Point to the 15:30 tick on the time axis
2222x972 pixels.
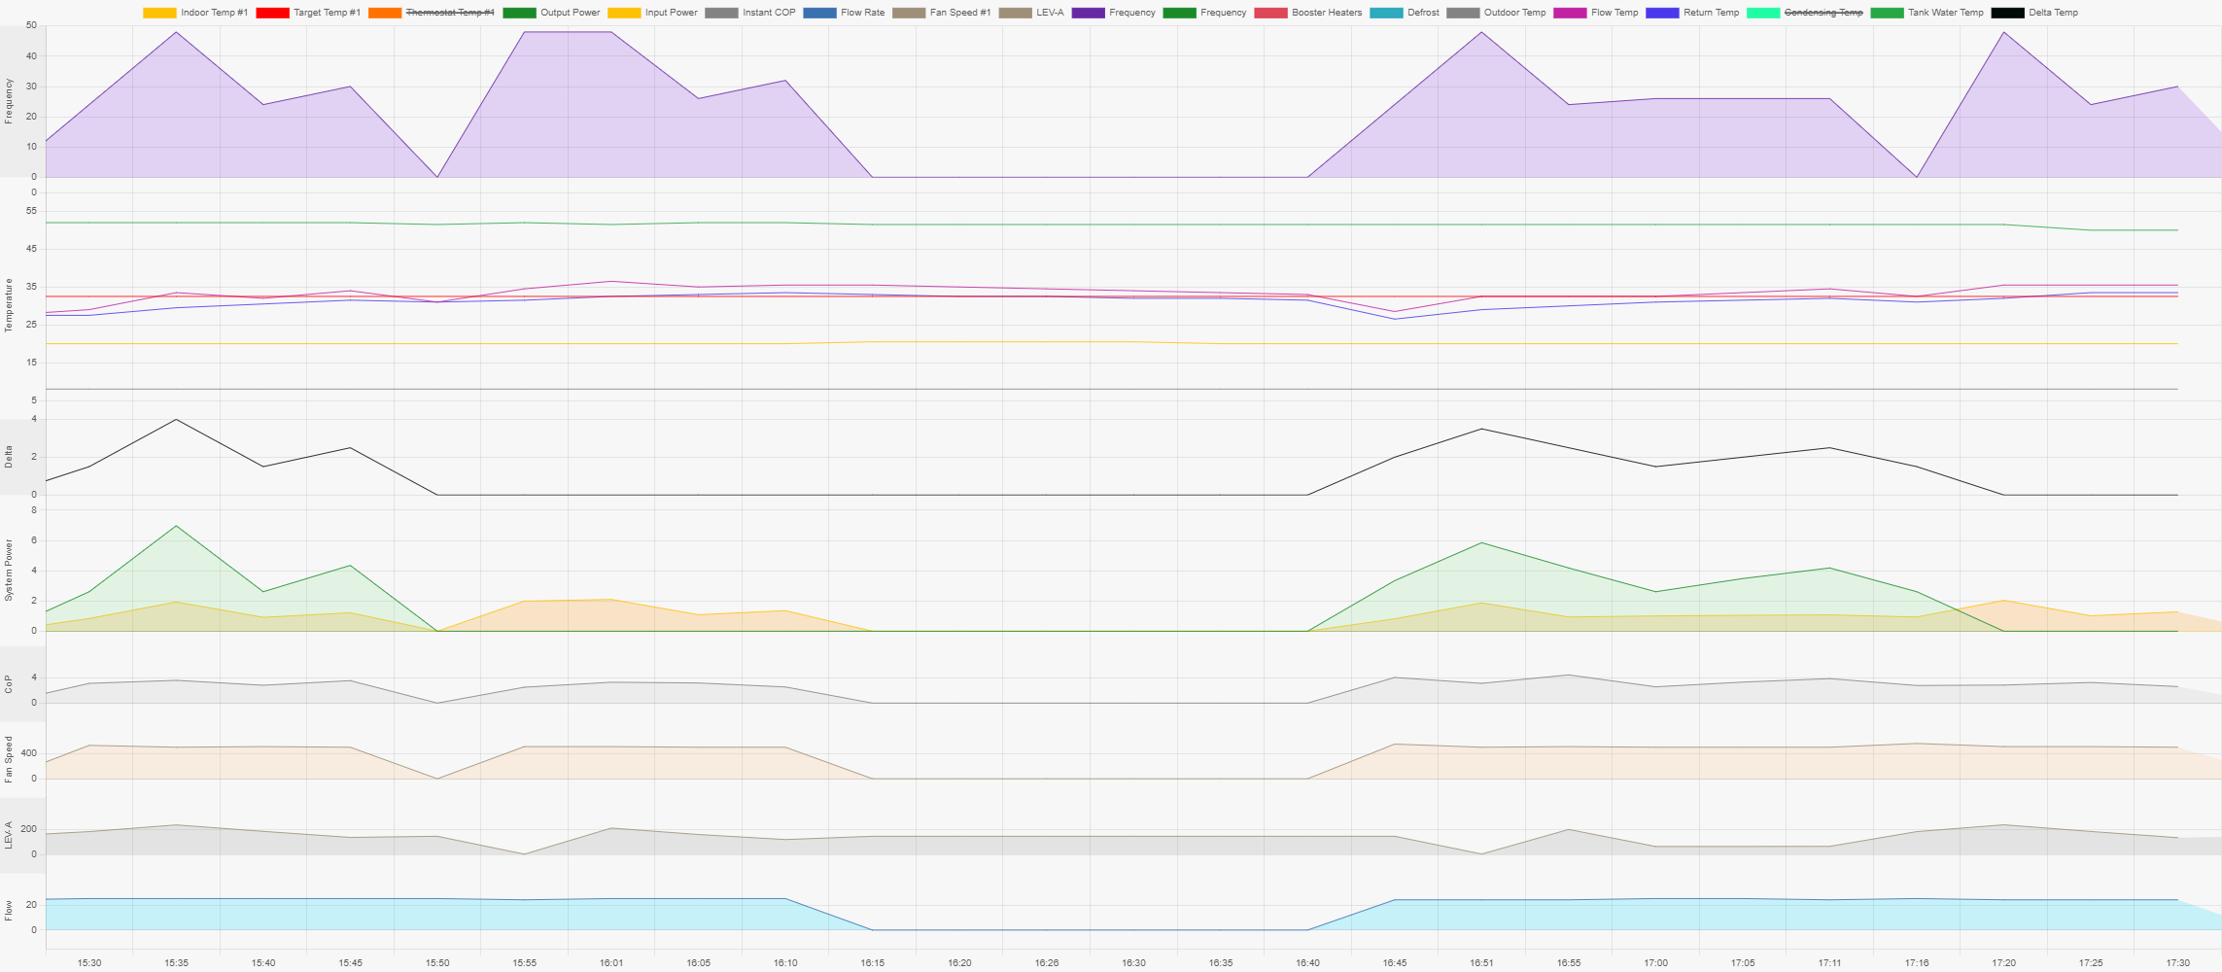(x=89, y=963)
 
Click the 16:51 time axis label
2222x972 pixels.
(x=1481, y=963)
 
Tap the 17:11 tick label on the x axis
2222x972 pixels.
(x=1829, y=963)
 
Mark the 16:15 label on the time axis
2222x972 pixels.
(x=872, y=963)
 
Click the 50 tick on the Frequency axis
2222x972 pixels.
(x=32, y=25)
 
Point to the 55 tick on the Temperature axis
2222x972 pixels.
(x=32, y=211)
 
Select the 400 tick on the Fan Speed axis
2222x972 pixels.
(x=28, y=753)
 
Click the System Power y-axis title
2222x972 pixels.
(x=10, y=571)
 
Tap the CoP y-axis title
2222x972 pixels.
(x=10, y=683)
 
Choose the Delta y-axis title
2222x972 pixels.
(x=10, y=457)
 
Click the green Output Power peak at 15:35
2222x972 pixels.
(x=176, y=526)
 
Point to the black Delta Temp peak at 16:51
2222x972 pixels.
(x=1481, y=429)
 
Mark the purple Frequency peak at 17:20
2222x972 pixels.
(x=2003, y=32)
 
